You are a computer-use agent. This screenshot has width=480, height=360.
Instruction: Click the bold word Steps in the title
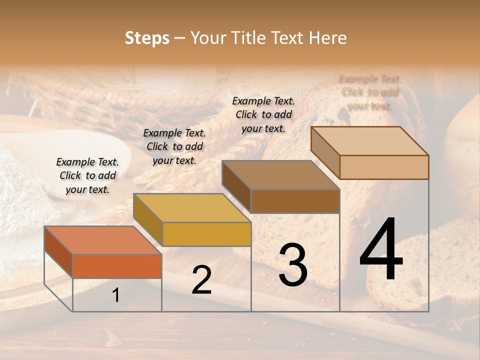coord(147,38)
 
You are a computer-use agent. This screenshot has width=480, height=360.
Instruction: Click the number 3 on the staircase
coord(293,265)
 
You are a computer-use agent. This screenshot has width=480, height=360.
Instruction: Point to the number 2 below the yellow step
coord(201,280)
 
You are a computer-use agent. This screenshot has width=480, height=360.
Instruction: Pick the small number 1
coord(116,295)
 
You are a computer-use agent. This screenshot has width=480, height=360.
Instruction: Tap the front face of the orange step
coord(117,266)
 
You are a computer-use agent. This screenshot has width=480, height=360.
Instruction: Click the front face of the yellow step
coord(206,234)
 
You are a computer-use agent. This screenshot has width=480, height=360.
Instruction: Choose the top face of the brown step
coord(280,175)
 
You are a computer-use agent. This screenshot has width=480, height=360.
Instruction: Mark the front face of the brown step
coord(295,201)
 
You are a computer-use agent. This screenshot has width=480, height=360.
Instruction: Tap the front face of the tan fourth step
coord(384,167)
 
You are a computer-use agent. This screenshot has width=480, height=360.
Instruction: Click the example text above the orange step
coord(87,175)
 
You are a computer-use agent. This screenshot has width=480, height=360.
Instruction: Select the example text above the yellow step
coord(174,146)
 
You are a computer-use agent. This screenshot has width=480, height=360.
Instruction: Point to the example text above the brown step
coord(263,114)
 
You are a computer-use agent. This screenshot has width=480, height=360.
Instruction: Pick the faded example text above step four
coord(370,92)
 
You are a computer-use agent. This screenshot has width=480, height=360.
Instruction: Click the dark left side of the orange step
coord(58,251)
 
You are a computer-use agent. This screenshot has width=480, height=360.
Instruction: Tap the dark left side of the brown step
coord(236,186)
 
